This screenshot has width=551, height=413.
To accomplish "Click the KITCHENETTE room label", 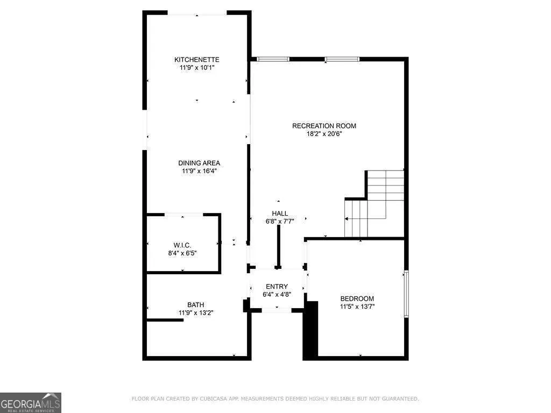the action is [197, 60].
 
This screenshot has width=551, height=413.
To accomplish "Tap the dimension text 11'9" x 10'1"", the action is [197, 67].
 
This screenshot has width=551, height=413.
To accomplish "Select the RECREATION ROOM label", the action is [324, 126].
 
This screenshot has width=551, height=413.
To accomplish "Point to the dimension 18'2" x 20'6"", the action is [324, 134].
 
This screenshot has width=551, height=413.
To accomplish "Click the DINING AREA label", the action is [199, 163].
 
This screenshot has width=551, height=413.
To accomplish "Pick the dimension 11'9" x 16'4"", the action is [199, 171].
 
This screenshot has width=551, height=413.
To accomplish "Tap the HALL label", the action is [280, 213].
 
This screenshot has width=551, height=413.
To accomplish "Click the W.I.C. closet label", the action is [182, 245].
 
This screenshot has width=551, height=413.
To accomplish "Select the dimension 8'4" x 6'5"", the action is [182, 253].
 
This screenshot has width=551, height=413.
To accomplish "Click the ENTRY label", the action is [277, 287].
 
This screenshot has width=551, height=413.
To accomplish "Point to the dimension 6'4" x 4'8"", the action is [277, 294].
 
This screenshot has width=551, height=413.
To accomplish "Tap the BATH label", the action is [196, 305].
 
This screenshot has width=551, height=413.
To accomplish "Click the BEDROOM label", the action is [357, 298].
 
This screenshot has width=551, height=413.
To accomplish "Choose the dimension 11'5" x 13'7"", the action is [357, 306].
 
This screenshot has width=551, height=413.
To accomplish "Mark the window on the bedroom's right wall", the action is [406, 294].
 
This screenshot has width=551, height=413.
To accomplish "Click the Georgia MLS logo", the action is [31, 403].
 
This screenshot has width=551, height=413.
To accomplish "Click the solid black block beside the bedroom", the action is [310, 330].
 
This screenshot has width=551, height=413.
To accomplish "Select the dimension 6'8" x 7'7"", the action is [280, 221].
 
